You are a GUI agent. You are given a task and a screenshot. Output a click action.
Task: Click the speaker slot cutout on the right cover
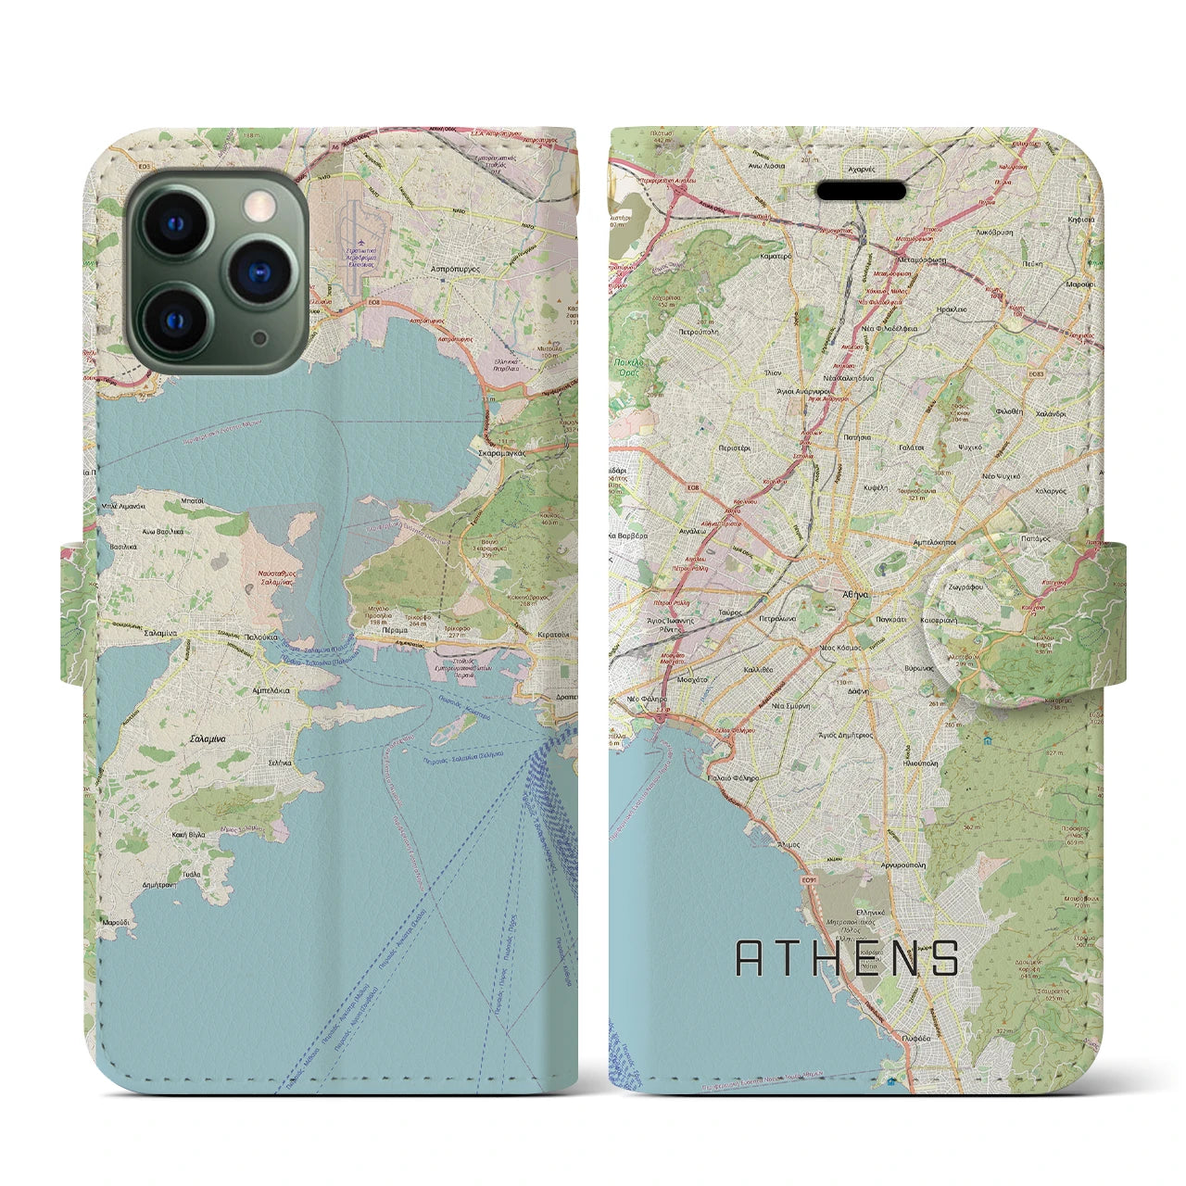(x=861, y=191)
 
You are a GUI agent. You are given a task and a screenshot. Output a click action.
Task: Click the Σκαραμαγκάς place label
(x=508, y=453)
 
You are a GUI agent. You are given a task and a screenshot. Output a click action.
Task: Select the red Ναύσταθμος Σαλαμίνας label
(x=278, y=578)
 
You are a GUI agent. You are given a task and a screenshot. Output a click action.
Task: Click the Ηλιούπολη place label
(x=918, y=763)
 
